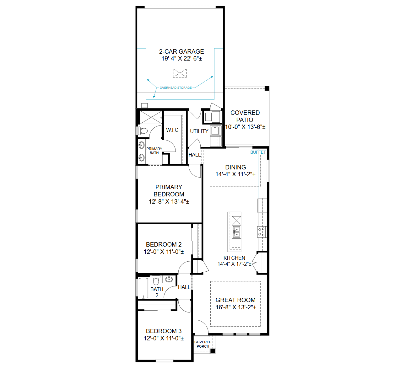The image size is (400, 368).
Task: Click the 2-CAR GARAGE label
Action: pyautogui.click(x=181, y=51)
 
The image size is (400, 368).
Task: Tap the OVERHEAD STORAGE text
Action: pyautogui.click(x=176, y=88)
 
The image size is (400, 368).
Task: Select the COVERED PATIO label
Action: pyautogui.click(x=245, y=116)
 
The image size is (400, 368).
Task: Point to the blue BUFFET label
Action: pyautogui.click(x=258, y=152)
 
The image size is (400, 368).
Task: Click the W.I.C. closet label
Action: pyautogui.click(x=173, y=130)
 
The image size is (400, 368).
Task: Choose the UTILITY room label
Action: pyautogui.click(x=199, y=131)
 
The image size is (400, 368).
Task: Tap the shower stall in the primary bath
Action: pyautogui.click(x=151, y=117)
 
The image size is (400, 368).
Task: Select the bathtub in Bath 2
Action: pyautogui.click(x=143, y=288)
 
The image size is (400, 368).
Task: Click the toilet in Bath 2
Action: pyautogui.click(x=156, y=280)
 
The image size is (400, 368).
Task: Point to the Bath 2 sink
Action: pyautogui.click(x=169, y=279)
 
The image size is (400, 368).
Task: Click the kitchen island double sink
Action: pyautogui.click(x=236, y=232)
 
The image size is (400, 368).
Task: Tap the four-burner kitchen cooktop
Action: pyautogui.click(x=262, y=232)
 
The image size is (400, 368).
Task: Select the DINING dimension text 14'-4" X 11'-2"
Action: pyautogui.click(x=235, y=174)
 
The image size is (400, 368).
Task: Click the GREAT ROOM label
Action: pyautogui.click(x=235, y=300)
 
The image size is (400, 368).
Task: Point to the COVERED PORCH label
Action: pyautogui.click(x=203, y=344)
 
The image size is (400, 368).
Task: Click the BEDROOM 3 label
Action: pyautogui.click(x=164, y=331)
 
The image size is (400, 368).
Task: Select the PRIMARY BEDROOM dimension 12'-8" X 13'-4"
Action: pyautogui.click(x=169, y=202)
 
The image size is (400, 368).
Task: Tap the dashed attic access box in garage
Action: pyautogui.click(x=180, y=73)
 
